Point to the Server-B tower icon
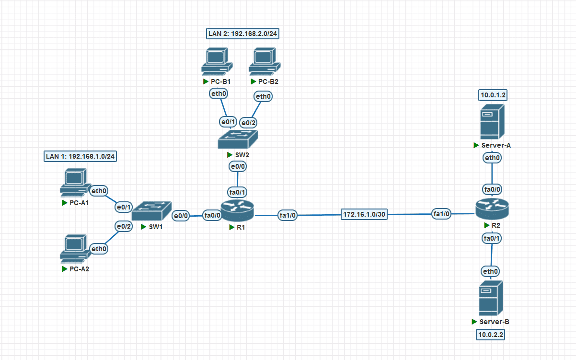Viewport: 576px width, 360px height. (491, 298)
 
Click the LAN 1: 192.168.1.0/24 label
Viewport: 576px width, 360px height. (81, 156)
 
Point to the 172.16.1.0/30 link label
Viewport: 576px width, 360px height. (364, 214)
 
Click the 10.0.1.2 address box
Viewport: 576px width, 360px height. (493, 95)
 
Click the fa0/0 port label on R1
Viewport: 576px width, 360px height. (212, 215)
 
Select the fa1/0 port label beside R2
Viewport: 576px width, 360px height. (441, 214)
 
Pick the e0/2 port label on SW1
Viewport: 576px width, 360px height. (123, 226)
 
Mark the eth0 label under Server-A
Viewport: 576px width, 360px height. (492, 158)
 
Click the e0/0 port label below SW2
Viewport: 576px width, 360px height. (238, 167)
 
